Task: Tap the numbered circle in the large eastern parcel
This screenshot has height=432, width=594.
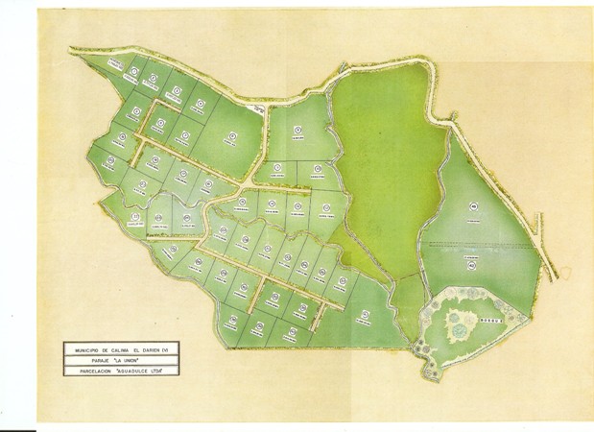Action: pos(472,204)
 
